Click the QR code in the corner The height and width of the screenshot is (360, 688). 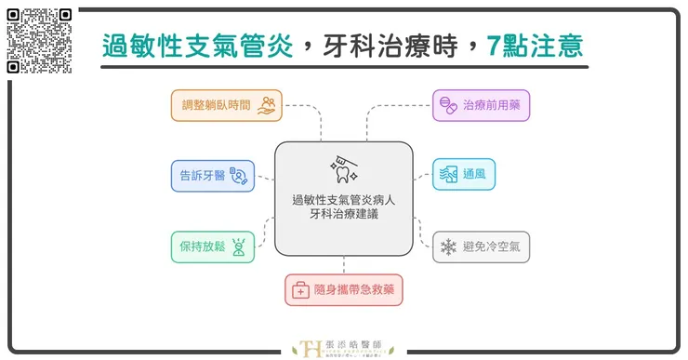pos(38,40)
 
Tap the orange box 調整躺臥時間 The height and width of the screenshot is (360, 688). pos(225,104)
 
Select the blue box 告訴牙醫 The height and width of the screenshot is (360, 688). pos(213,175)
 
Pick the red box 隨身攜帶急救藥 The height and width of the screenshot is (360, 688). pos(344,290)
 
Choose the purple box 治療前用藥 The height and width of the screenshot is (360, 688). pos(482,104)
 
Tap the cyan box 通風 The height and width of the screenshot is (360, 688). pos(469,175)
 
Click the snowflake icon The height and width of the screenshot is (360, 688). pos(449,247)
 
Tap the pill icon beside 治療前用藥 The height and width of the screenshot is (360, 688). pos(446,104)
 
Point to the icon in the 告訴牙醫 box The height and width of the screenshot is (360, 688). pos(240,175)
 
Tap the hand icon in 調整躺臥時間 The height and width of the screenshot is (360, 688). pos(267,104)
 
